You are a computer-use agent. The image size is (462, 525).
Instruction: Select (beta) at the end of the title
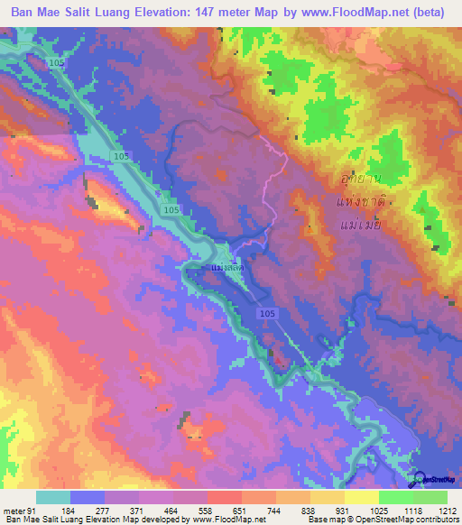[427, 13]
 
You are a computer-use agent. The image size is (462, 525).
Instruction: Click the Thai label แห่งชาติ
[357, 203]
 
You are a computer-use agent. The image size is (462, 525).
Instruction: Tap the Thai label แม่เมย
[360, 224]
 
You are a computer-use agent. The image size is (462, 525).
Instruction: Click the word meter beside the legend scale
[13, 511]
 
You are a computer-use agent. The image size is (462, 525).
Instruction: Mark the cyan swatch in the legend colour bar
[53, 497]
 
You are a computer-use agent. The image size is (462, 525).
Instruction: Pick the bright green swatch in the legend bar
[396, 497]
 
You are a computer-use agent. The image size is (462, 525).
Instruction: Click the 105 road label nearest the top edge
[59, 62]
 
